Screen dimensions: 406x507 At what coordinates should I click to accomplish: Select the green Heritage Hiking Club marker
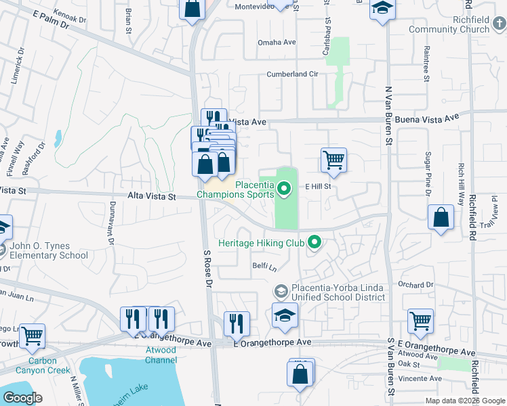tap(314, 242)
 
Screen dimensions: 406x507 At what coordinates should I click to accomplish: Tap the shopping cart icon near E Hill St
tap(333, 160)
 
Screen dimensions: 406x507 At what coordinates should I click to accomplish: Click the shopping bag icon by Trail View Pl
tap(441, 218)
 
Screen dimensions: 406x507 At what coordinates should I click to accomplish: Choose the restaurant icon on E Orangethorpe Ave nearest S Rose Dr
tap(237, 323)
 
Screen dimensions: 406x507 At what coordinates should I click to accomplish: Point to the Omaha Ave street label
tap(277, 42)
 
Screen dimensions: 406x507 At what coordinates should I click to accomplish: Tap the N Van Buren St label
tap(389, 115)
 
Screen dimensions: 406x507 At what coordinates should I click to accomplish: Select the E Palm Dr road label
tap(51, 22)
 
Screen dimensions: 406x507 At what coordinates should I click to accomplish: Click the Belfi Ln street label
tap(264, 267)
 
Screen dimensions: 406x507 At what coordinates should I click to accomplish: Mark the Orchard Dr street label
tap(415, 285)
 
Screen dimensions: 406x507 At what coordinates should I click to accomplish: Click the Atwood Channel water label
tap(161, 355)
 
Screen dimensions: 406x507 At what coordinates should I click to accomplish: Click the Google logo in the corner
tap(23, 398)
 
